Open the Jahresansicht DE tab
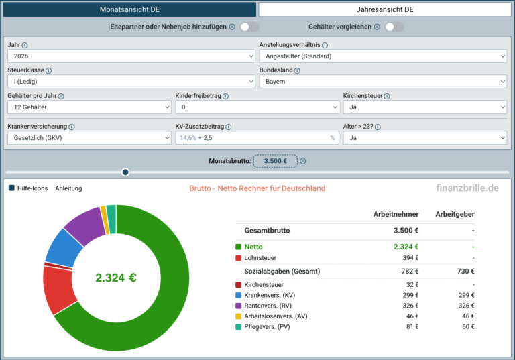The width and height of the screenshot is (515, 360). click(x=385, y=9)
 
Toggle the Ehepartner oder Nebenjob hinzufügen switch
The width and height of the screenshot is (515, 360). click(x=249, y=27)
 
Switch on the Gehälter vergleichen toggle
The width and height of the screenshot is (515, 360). click(x=394, y=27)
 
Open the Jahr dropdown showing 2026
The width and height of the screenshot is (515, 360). click(x=131, y=56)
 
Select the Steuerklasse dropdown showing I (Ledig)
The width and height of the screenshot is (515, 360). click(x=131, y=82)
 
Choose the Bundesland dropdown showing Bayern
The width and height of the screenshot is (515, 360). click(x=384, y=82)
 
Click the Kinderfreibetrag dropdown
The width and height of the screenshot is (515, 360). click(x=257, y=107)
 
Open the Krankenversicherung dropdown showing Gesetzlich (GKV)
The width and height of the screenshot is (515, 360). click(x=89, y=138)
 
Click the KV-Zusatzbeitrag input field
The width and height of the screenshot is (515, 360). click(x=257, y=138)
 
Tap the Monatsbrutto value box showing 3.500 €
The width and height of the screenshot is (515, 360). click(x=275, y=161)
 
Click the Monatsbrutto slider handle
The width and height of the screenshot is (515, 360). click(x=125, y=172)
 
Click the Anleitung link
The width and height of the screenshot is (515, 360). click(x=68, y=188)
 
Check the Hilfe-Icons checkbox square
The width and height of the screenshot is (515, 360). click(x=11, y=188)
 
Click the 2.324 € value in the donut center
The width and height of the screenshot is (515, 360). click(x=116, y=278)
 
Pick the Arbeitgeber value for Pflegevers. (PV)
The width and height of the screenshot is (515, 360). click(x=467, y=327)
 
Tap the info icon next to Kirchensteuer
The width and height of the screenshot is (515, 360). click(x=387, y=97)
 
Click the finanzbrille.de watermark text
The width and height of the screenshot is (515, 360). click(x=467, y=188)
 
